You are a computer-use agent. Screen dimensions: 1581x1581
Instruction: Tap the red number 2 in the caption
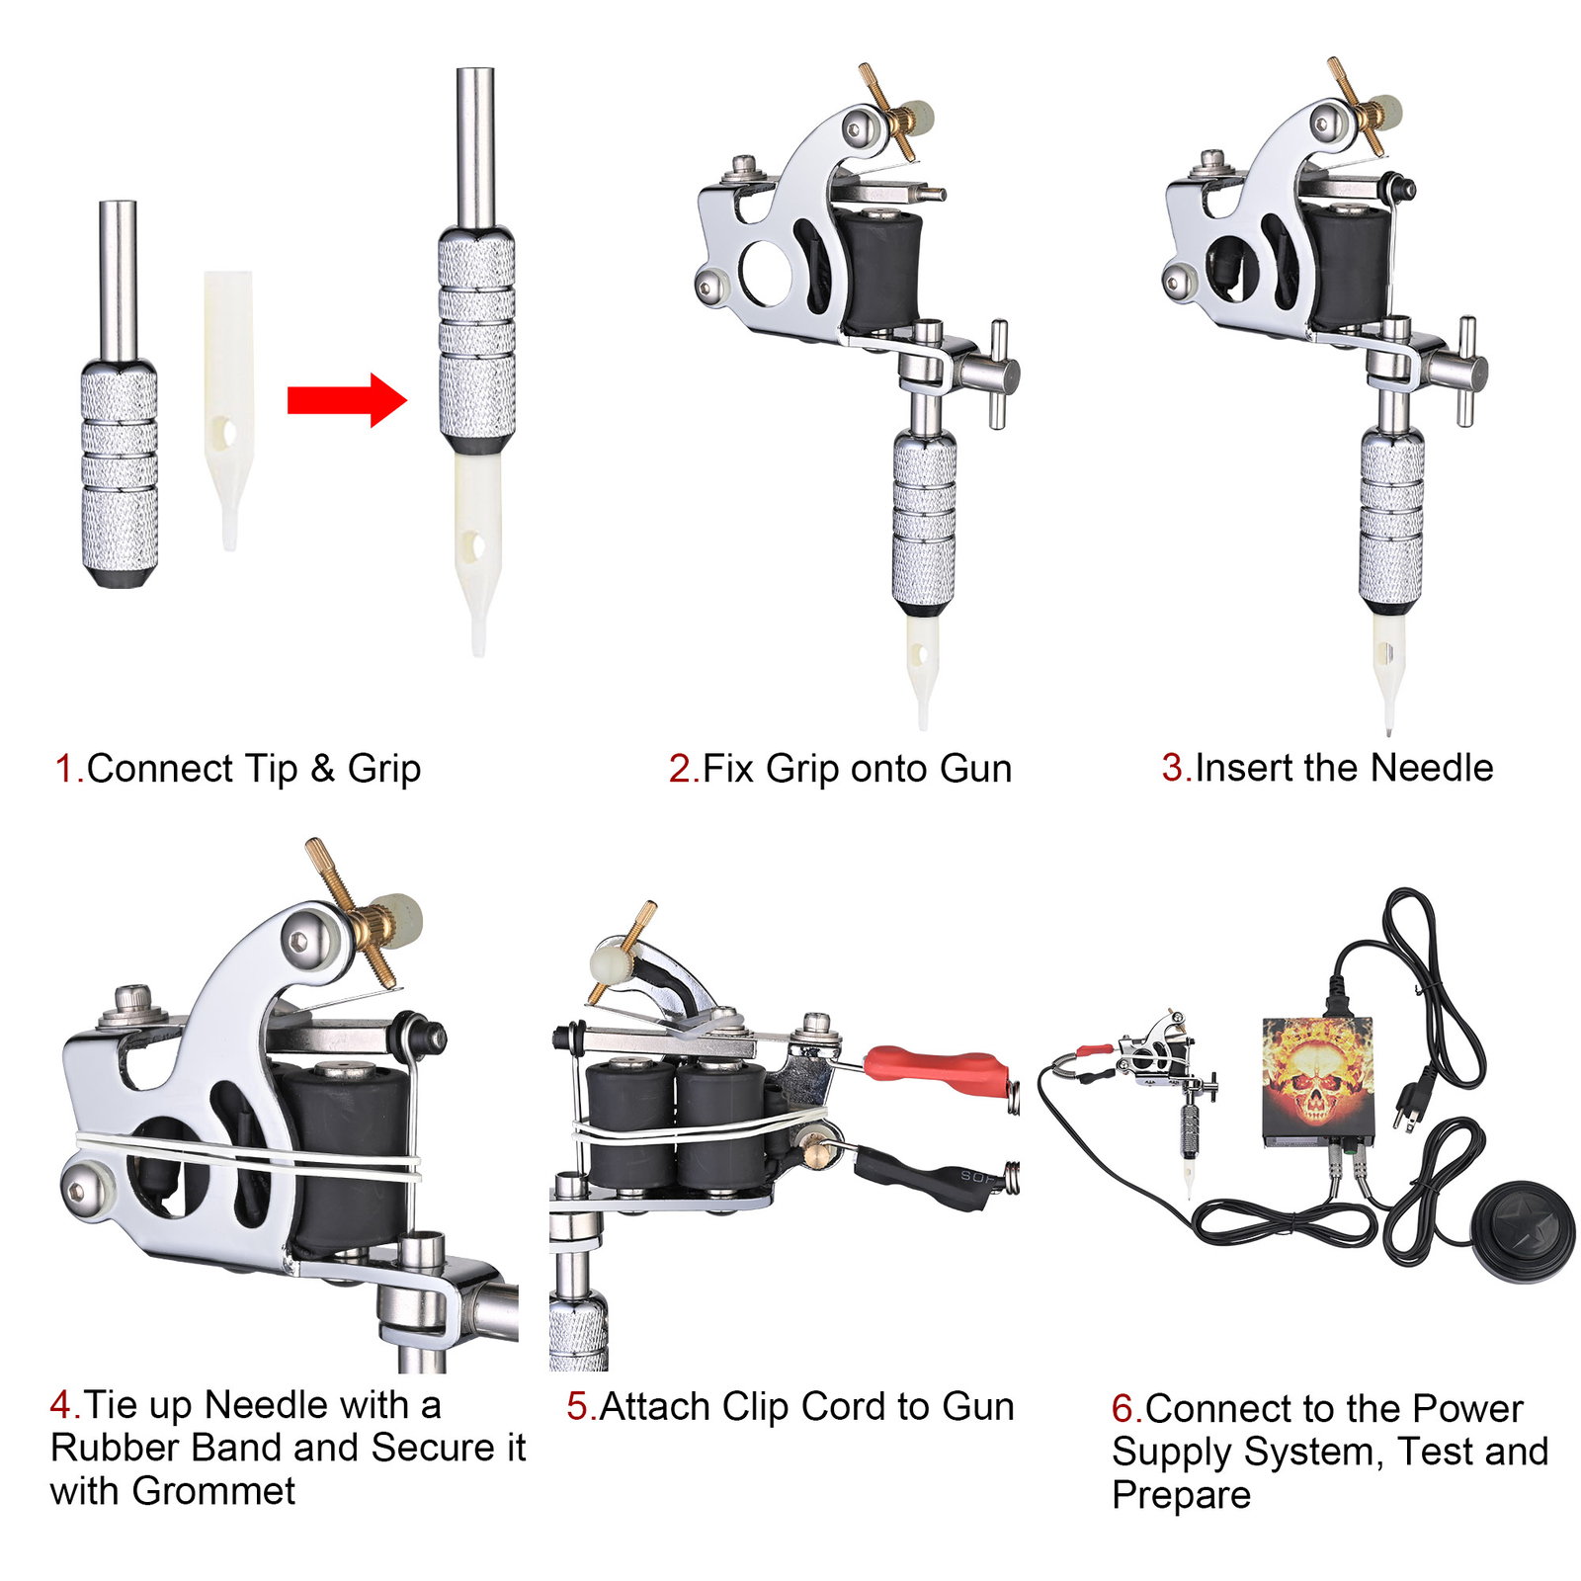coord(681,769)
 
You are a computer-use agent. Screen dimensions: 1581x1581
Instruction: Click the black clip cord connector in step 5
coord(924,1176)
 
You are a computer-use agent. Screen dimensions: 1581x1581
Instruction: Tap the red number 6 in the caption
coord(1123,1408)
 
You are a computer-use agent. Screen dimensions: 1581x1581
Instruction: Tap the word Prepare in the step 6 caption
coord(1181,1495)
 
